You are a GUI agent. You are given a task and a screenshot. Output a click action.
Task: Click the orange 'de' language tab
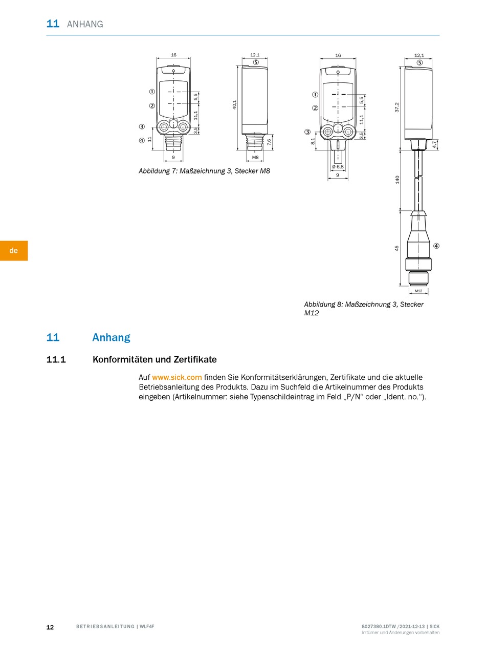click(x=14, y=250)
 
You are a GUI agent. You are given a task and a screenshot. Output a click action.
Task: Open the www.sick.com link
click(x=176, y=377)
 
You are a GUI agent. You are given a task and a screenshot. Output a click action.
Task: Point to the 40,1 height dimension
click(x=234, y=105)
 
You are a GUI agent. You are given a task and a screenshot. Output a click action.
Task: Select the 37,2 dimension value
click(x=397, y=107)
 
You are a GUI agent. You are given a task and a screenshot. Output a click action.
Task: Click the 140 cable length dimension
click(x=397, y=180)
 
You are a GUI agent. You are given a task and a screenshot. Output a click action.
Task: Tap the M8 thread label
click(x=255, y=158)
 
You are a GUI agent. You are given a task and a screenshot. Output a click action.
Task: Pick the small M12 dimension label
click(x=418, y=291)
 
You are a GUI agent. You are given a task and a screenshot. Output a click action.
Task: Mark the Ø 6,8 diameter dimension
click(x=338, y=166)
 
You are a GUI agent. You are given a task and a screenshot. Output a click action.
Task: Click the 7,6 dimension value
click(x=269, y=142)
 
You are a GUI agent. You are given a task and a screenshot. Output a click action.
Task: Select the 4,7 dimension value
click(x=434, y=144)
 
